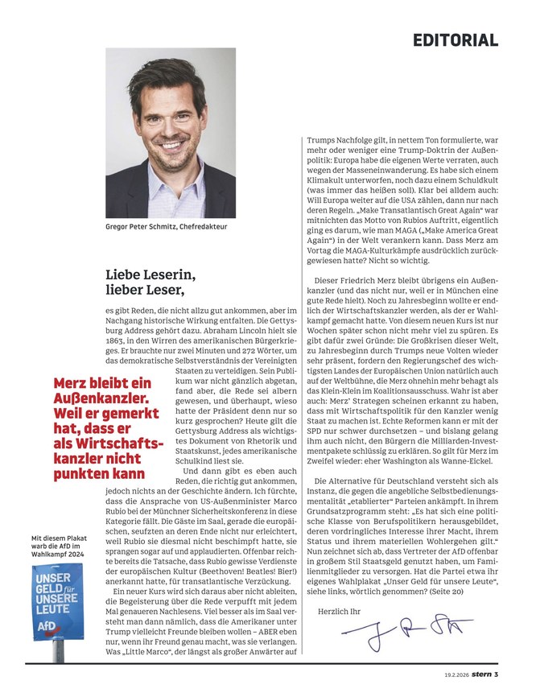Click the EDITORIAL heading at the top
click(x=456, y=40)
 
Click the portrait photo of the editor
click(x=171, y=132)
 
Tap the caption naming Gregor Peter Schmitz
click(x=167, y=228)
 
